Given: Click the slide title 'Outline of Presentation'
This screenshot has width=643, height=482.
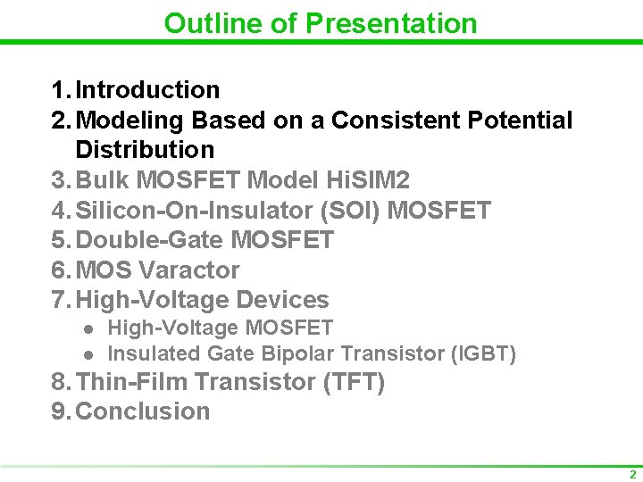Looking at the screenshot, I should pyautogui.click(x=321, y=23).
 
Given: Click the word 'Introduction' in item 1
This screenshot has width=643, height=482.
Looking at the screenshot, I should pyautogui.click(x=147, y=90).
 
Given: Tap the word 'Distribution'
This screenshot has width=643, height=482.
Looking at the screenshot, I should pyautogui.click(x=145, y=150).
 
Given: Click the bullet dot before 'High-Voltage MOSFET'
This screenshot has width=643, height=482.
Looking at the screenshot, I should pyautogui.click(x=88, y=329).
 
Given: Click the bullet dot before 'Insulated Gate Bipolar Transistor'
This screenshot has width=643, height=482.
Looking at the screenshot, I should pyautogui.click(x=88, y=354).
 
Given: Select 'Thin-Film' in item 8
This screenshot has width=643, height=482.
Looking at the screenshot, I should pyautogui.click(x=133, y=383).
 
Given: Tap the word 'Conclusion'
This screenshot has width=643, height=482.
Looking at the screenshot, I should pyautogui.click(x=143, y=411).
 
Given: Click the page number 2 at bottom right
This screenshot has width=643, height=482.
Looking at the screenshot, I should pyautogui.click(x=632, y=475).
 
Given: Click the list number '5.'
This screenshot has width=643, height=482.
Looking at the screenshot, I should pyautogui.click(x=62, y=240).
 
